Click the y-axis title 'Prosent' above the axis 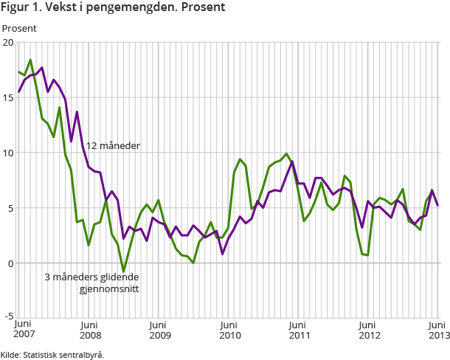point(19,28)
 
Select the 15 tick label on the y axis point(8,97)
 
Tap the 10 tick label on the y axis point(8,153)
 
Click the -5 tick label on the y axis point(8,319)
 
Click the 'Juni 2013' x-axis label point(437,330)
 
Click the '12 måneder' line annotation point(113,146)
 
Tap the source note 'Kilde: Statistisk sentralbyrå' point(52,354)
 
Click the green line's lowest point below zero point(123,271)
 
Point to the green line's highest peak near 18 point(30,60)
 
